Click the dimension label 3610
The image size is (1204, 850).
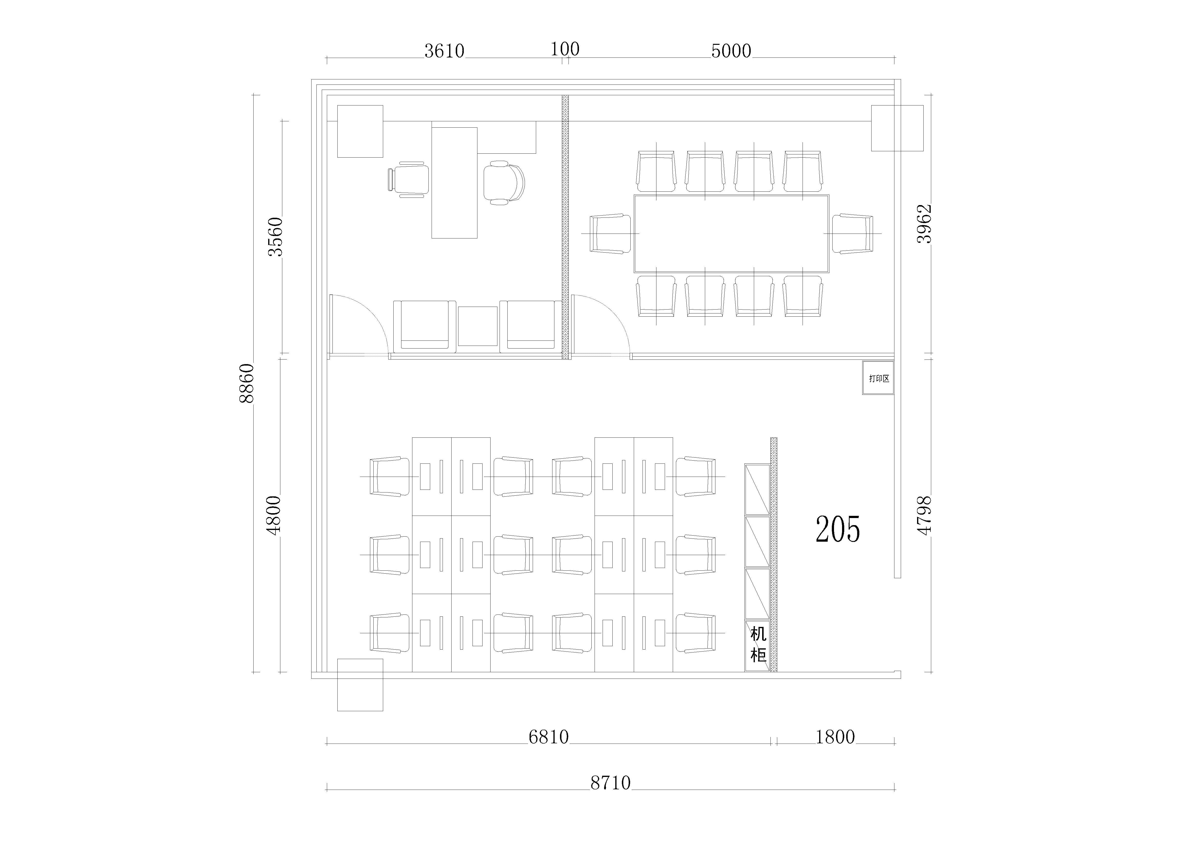tap(444, 51)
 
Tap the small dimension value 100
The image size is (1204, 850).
tap(565, 49)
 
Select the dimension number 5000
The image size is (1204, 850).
tap(731, 51)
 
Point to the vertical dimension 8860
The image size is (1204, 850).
tap(246, 383)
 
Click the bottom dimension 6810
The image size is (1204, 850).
tap(549, 737)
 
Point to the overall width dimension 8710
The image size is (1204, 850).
tap(610, 783)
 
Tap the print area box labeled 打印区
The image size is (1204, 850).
tap(878, 378)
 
